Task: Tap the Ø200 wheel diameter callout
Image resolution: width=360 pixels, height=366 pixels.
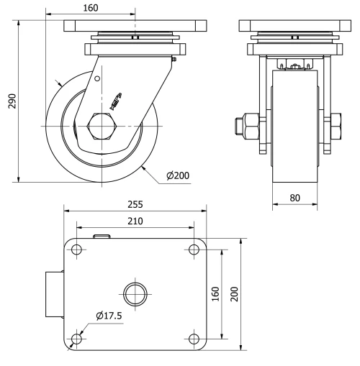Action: [177, 175]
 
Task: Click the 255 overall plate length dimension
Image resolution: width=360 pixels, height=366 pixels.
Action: [136, 204]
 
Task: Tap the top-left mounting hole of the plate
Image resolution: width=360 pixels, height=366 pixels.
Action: [76, 250]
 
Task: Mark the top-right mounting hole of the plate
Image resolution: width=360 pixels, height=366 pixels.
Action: [194, 250]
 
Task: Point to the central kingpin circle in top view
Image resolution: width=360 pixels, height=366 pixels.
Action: [134, 294]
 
